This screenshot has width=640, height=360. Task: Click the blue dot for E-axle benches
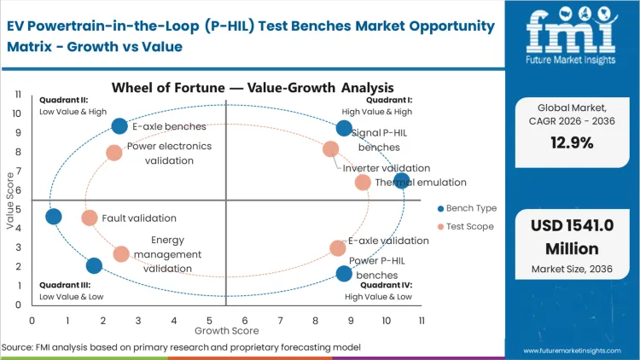click(x=119, y=126)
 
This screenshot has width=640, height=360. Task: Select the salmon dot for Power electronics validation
click(x=114, y=153)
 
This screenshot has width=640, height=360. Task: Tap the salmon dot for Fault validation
click(x=90, y=218)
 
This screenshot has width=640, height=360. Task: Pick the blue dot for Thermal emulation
click(x=402, y=180)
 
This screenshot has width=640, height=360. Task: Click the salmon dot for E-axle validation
click(x=338, y=248)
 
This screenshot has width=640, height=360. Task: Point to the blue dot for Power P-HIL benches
click(x=344, y=273)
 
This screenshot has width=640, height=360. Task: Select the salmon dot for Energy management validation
click(x=121, y=253)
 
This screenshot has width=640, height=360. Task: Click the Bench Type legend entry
click(x=466, y=208)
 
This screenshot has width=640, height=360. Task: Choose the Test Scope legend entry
click(x=466, y=226)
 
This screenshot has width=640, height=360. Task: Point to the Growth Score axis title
click(x=225, y=329)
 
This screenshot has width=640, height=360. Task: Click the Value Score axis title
click(x=9, y=201)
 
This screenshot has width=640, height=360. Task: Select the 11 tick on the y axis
click(x=18, y=94)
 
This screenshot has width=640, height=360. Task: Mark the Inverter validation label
click(x=387, y=168)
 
